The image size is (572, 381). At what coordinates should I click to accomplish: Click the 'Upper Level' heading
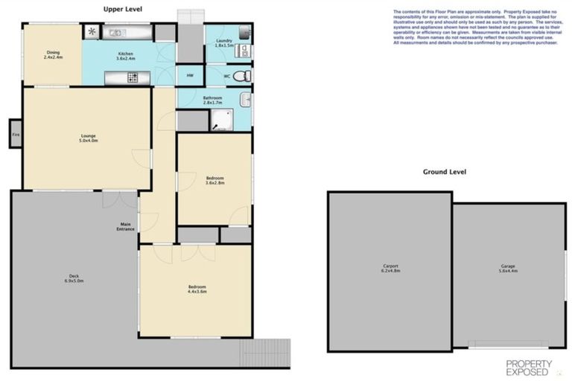pos(122,9)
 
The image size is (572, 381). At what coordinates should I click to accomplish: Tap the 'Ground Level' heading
pos(444,172)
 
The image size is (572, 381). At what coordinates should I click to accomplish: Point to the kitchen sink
pos(116,33)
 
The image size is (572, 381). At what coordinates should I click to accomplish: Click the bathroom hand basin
pos(245,99)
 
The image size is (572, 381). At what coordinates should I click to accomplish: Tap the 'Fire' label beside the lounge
pos(15,135)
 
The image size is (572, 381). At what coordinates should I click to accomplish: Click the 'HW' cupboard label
pos(190,76)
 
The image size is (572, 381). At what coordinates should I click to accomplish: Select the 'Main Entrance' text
pos(125,226)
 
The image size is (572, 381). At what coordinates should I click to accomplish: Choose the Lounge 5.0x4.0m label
pos(89,138)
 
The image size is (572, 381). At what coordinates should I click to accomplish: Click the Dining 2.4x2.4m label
pos(53,55)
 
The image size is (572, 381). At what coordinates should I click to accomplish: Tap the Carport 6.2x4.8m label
pos(391,269)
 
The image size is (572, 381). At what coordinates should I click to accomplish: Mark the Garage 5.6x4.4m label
pos(508,269)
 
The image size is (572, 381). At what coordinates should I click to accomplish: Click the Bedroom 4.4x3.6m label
pos(197,289)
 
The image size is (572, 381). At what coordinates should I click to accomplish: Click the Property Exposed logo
pos(529,367)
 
